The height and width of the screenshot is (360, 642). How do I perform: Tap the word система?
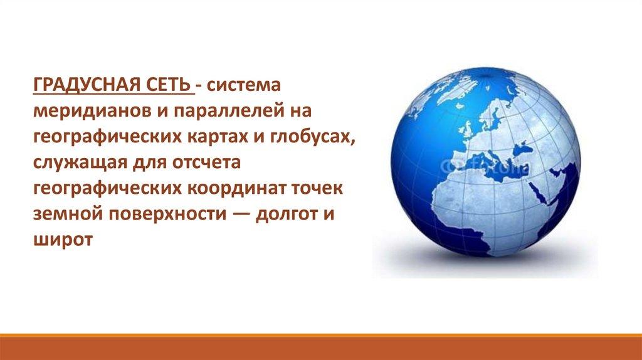tap(244, 85)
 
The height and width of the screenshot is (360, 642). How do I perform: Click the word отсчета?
tap(206, 163)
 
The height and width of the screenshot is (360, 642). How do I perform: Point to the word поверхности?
tap(167, 214)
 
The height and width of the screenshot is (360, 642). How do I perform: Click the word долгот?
tap(285, 214)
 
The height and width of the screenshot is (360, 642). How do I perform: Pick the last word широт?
tap(63, 240)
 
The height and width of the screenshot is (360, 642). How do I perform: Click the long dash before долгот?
tap(241, 215)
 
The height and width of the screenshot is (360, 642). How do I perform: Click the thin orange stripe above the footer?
tap(321, 336)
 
